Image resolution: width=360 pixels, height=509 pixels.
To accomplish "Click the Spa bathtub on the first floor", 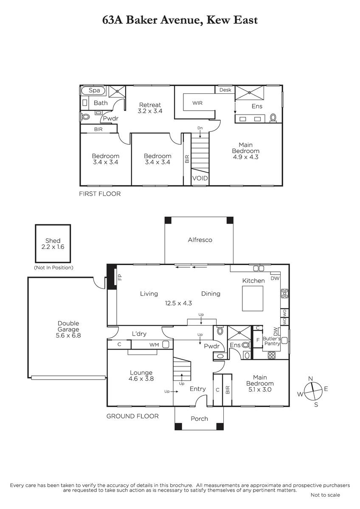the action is (x=93, y=90).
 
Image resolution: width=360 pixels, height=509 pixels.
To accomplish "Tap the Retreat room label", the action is (x=150, y=105).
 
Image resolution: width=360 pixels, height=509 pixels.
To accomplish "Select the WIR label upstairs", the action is (x=197, y=103).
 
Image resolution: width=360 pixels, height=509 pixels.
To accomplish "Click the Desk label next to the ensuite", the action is (x=225, y=90).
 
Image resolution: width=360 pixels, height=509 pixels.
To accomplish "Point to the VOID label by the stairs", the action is (x=200, y=178).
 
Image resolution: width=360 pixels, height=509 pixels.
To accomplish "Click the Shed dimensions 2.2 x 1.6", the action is (x=53, y=247).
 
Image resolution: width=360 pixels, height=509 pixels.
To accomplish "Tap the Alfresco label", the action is (x=200, y=240).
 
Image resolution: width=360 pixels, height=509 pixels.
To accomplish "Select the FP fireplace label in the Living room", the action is (x=120, y=277).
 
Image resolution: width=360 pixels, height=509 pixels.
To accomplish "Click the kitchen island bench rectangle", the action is (x=253, y=298).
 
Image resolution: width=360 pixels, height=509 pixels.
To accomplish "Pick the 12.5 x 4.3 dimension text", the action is (x=178, y=303).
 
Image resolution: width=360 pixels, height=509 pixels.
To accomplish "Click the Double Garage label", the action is (x=68, y=326).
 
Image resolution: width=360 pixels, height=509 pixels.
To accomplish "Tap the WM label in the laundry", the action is (x=154, y=345).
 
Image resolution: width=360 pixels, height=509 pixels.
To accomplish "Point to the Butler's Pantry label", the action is (x=272, y=341).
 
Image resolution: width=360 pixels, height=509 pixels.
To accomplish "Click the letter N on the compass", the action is (x=310, y=378).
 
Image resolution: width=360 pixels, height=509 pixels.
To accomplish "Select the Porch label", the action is (x=199, y=419).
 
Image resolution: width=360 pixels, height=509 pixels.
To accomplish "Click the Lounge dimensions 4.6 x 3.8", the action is (x=141, y=378).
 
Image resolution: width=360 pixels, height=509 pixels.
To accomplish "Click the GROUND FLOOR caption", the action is (x=132, y=416).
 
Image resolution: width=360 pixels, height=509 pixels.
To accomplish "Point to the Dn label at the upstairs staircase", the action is (x=200, y=128).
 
